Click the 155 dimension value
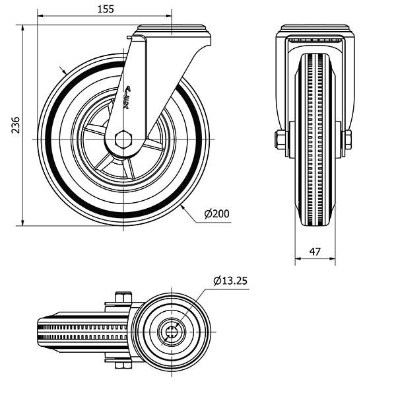coord(104,9)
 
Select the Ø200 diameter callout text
coord(216,213)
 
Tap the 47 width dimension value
coord(315,252)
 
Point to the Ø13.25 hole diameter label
coord(230,281)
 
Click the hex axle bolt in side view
coord(123,139)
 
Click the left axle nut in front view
coord(280,139)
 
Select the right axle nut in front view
coord(346,139)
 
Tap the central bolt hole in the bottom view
coord(170,332)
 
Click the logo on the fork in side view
coord(128,98)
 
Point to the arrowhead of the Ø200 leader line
coord(182,207)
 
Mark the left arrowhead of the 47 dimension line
coord(296,260)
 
